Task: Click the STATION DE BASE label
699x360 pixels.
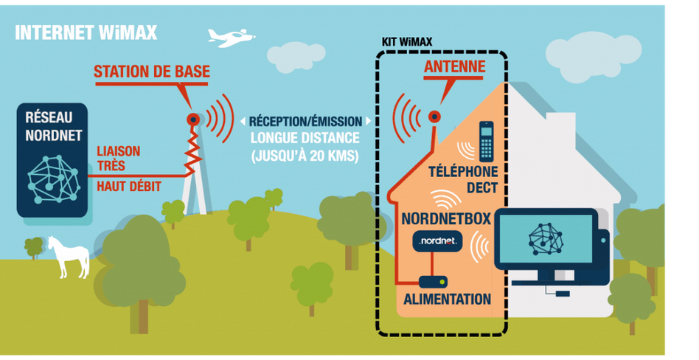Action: click(151, 72)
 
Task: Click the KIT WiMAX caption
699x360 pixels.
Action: click(408, 42)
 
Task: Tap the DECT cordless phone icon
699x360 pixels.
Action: click(486, 141)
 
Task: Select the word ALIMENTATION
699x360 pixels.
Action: click(447, 300)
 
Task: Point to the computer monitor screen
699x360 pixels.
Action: click(545, 239)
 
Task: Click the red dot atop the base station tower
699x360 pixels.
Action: click(193, 119)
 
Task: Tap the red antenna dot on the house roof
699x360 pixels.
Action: click(434, 116)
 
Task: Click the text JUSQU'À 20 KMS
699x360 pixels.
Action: click(305, 156)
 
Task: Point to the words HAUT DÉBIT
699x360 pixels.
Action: click(129, 187)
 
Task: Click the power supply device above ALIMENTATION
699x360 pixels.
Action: click(431, 282)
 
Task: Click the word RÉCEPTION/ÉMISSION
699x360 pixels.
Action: click(305, 121)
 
